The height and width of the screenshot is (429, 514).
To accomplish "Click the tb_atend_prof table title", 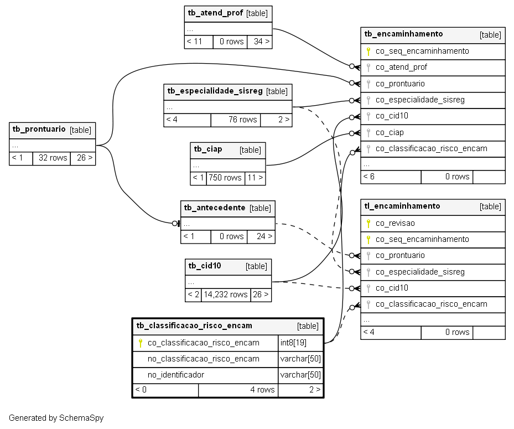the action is [x=215, y=13].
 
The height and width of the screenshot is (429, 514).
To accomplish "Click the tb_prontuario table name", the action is [x=39, y=129].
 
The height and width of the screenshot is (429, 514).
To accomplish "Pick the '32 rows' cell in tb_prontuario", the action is [x=52, y=158].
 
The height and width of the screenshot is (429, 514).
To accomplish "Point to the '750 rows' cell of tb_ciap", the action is [x=226, y=178].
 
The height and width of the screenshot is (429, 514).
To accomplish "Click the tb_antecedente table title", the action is [x=215, y=208].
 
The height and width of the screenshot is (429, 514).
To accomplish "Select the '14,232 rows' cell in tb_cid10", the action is [x=226, y=295].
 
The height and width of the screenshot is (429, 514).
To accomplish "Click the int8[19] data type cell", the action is [x=293, y=343].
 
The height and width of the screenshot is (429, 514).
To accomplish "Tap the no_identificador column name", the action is [x=176, y=375].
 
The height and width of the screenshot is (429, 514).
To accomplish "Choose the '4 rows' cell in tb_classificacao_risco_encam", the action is [x=238, y=390].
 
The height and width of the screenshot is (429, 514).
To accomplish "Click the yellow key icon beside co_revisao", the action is [x=368, y=223].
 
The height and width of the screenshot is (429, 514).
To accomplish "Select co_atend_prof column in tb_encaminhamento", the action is [x=401, y=67].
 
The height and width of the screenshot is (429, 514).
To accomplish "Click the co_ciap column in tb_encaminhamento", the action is [x=390, y=132].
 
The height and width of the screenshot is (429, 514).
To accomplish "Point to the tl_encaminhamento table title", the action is [x=402, y=206].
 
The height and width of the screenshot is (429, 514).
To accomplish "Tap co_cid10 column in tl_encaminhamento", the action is [x=392, y=288].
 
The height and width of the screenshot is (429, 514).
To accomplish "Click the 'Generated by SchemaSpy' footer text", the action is [x=56, y=418].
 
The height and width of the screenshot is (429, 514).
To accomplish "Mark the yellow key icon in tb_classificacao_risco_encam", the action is [x=141, y=343].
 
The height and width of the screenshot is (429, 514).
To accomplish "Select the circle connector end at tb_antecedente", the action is [x=175, y=223].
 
